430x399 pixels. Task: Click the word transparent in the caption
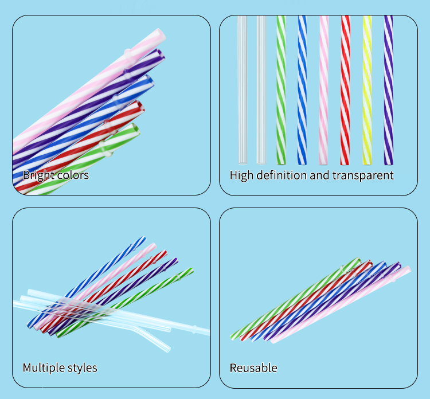[365, 175]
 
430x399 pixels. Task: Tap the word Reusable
[253, 367]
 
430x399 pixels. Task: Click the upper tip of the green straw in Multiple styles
[191, 271]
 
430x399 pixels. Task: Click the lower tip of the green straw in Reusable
[232, 337]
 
